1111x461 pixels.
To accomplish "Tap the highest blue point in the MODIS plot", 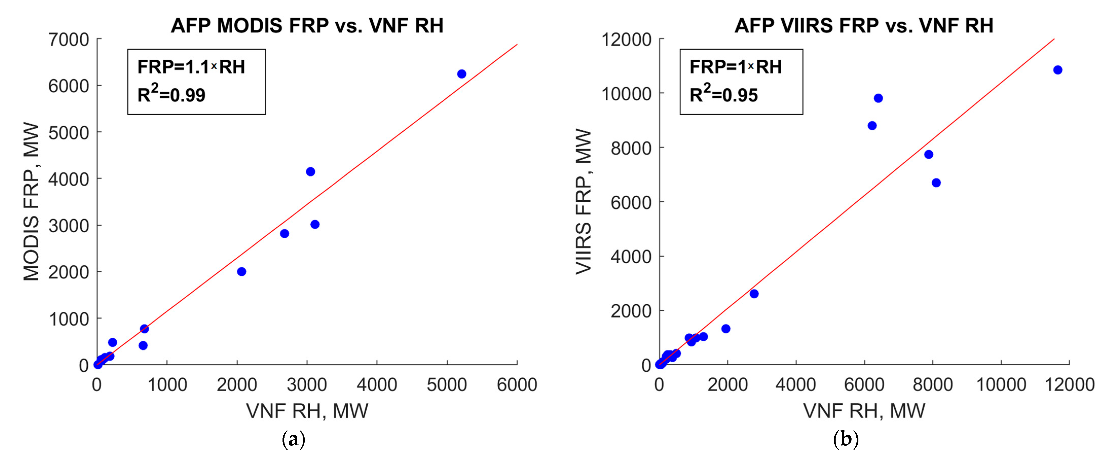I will (x=461, y=74).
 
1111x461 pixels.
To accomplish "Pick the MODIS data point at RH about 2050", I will (x=241, y=272).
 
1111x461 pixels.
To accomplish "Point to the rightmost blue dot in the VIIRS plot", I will (x=1058, y=70).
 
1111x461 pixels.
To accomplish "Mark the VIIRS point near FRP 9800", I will (x=878, y=98).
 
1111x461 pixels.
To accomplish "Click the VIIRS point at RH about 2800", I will (x=754, y=294).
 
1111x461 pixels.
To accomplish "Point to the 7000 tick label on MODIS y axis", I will (x=69, y=40).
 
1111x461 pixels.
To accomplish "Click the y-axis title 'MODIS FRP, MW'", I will (x=31, y=202).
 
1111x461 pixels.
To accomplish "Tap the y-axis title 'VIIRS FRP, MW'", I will (x=583, y=202).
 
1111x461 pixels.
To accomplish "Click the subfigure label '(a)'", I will (x=293, y=439).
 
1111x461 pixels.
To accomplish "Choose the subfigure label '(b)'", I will (x=846, y=439).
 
